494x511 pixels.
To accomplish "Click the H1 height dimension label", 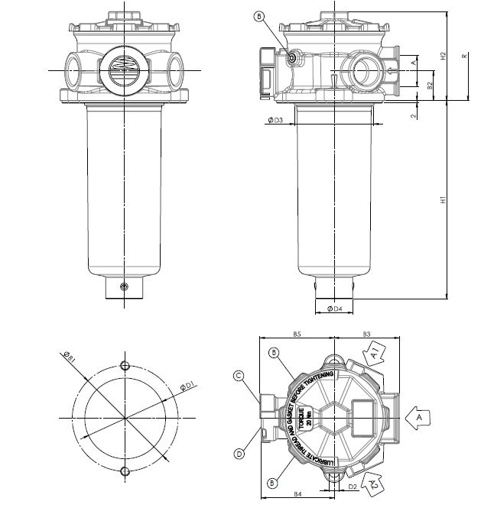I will tap(442, 200).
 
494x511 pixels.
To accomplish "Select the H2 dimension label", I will tap(443, 57).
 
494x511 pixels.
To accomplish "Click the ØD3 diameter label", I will tap(276, 121).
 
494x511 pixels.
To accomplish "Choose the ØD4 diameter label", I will tap(333, 309).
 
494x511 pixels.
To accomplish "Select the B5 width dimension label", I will tap(298, 334).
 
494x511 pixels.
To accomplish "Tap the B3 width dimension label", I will tap(366, 334).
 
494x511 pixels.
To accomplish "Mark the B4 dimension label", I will tap(298, 496).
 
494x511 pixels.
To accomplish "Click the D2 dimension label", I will tap(353, 485).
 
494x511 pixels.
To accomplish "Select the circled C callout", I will tap(239, 375).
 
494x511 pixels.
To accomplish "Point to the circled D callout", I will tap(239, 454).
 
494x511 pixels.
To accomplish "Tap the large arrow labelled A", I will tap(415, 418).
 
